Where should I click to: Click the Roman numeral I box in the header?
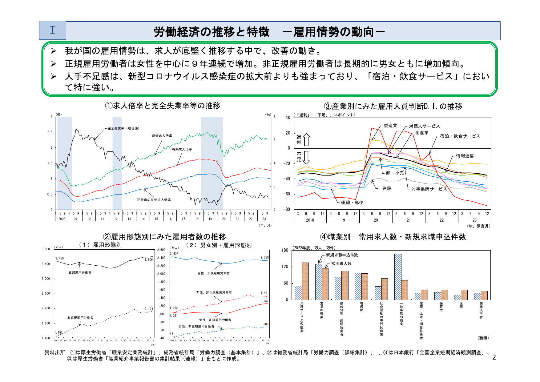[x=52, y=30]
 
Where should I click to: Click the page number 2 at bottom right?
[x=494, y=357]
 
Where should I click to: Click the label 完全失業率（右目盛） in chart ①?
[x=123, y=128]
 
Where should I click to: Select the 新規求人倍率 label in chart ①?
[x=162, y=136]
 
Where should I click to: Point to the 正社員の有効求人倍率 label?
[x=154, y=200]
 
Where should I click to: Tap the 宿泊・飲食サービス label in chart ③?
[x=460, y=136]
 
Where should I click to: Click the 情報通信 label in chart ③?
[x=465, y=156]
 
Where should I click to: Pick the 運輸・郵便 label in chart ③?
[x=352, y=203]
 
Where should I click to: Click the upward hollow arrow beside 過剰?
[x=307, y=139]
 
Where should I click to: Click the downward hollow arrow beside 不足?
[x=307, y=158]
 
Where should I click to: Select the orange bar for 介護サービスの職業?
[x=305, y=281]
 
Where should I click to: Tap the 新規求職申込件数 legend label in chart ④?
[x=342, y=255]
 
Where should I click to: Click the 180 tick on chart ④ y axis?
[x=285, y=250]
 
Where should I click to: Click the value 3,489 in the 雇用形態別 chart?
[x=59, y=258]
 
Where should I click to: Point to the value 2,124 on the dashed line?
[x=149, y=309]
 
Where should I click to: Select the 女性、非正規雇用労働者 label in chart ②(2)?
[x=214, y=292]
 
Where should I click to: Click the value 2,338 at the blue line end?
[x=264, y=257]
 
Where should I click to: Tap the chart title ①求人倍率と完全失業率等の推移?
[x=163, y=106]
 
